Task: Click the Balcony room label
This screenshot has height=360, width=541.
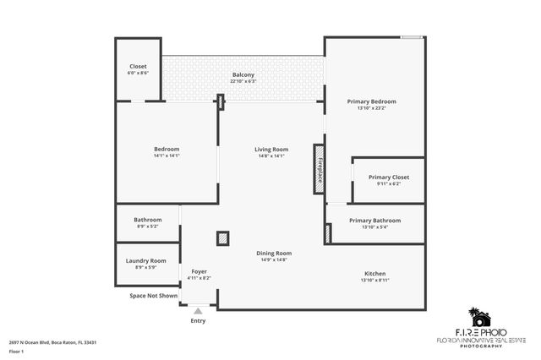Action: point(243,75)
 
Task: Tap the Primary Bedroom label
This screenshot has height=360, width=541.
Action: point(371,101)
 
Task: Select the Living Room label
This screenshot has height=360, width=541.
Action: point(271,150)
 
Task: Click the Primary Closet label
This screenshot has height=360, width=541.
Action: point(389,177)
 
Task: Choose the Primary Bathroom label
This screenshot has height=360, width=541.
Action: point(374,221)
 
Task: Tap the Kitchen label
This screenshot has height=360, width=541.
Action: point(374,274)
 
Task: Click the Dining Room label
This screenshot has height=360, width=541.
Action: point(274,254)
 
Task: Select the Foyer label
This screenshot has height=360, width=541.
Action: point(199,271)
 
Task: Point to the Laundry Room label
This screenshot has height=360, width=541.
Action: point(145,262)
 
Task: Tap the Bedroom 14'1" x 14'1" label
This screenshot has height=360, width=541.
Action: point(167,150)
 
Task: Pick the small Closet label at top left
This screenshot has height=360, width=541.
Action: point(138,67)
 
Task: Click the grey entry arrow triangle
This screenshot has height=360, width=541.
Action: point(198,312)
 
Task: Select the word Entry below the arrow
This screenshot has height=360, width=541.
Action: point(198,321)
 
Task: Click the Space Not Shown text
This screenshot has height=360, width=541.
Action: point(153,296)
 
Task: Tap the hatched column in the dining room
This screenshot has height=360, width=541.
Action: point(222,238)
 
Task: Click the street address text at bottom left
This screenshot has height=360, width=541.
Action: point(53,342)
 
